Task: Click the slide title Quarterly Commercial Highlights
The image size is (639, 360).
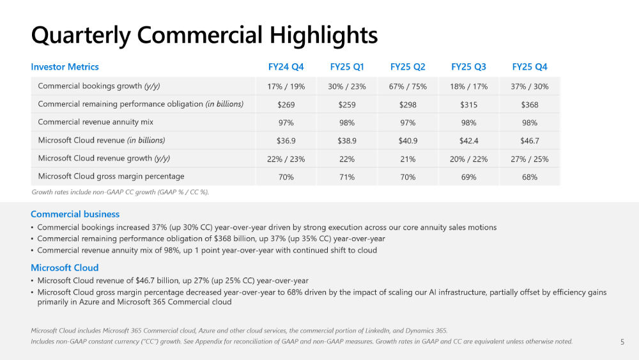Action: pos(204,35)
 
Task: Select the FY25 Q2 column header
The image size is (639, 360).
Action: pos(408,67)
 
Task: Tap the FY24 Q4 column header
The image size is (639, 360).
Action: pos(286,67)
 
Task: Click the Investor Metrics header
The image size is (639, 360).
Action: pos(65,67)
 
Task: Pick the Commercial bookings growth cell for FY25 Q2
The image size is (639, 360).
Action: pos(408,86)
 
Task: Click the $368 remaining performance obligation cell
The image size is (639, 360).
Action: pos(529,104)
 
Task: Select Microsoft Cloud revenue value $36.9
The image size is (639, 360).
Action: pos(286,141)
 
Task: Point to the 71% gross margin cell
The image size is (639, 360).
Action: pos(346,177)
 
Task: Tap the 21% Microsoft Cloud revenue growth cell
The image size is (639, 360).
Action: pos(408,159)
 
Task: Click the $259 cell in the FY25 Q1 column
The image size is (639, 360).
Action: pos(346,104)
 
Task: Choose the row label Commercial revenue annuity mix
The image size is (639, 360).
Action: pos(95,122)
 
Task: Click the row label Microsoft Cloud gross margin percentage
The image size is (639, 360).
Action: pos(111,176)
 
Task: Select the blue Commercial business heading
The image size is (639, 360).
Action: pos(75,214)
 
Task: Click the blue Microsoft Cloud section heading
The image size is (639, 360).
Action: pos(65,268)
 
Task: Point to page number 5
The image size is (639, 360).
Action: pos(622,342)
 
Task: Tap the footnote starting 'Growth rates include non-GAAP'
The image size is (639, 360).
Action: pos(120,192)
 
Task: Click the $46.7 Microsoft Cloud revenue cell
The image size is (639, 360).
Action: pos(529,141)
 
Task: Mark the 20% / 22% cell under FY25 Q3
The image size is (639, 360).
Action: pos(468,159)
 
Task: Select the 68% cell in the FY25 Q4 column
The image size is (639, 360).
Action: pos(529,177)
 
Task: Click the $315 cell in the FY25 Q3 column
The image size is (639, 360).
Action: pos(468,104)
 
